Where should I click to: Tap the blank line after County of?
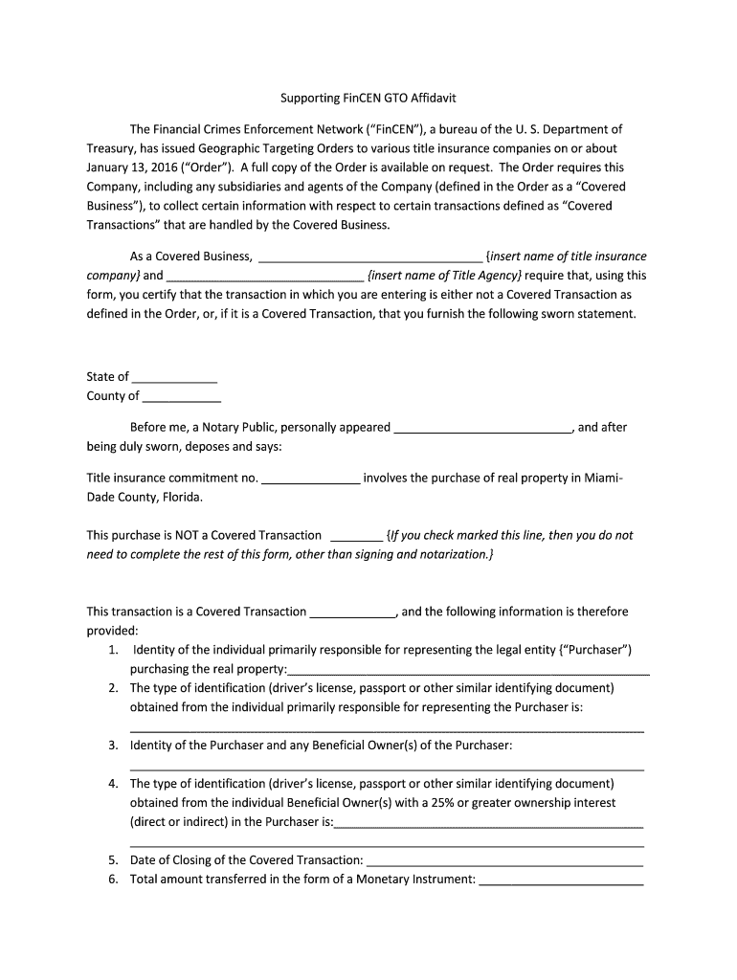tap(181, 396)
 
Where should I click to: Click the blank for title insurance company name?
tap(370, 256)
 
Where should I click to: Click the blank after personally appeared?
tap(482, 428)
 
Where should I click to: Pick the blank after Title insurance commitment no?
tap(310, 478)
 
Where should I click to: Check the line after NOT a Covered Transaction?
tap(356, 536)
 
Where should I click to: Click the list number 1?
tap(113, 651)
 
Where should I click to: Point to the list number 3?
tap(113, 746)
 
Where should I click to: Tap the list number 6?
tap(113, 880)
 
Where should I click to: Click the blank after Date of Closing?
tap(504, 861)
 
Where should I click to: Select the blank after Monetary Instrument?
tap(561, 880)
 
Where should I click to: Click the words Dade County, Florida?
tap(145, 498)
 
